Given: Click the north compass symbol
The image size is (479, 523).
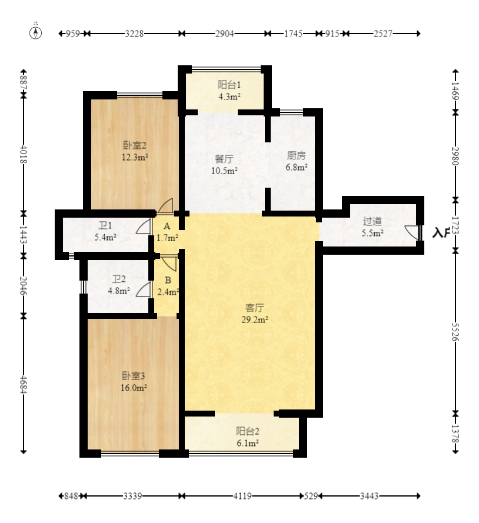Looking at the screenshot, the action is (36, 33).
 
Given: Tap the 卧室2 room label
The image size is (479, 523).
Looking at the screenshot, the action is (135, 145).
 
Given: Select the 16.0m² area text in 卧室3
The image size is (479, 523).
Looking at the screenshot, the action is (134, 388).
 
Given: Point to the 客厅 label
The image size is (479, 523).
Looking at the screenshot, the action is (255, 308).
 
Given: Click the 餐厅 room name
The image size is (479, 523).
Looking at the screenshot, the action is (224, 159).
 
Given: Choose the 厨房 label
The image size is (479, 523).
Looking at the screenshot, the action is (296, 155).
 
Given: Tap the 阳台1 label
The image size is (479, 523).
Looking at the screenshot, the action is (229, 85).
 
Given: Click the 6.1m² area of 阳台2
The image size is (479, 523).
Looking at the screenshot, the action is (248, 443).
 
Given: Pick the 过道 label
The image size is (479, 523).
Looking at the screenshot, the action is (372, 221).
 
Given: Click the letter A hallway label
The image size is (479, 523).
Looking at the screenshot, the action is (167, 226).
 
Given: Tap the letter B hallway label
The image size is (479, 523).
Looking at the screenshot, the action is (168, 281).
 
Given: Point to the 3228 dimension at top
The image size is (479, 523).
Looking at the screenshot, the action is (134, 34).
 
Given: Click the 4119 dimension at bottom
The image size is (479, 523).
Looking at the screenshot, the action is (242, 496).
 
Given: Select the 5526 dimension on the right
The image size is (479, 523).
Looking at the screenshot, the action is (455, 332).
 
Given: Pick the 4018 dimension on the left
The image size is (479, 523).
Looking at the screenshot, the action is (24, 154).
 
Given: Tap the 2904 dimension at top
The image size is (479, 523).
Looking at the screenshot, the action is (224, 34).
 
